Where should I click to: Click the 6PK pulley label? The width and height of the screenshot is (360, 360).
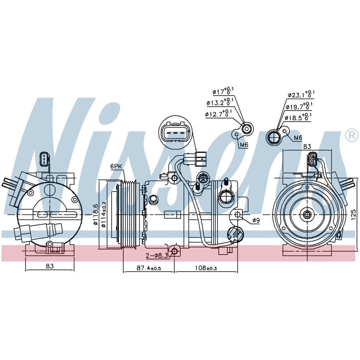pos(116,166)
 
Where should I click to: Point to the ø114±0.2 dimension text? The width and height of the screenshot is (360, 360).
pos(103,214)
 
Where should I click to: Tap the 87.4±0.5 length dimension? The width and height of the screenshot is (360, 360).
pos(149,268)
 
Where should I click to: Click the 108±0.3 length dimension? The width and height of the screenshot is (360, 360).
pos(206,268)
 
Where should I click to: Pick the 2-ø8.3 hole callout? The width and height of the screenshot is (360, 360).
pos(157,255)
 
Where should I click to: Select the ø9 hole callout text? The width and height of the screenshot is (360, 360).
pos(256,220)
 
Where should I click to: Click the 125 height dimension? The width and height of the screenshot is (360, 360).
pos(354,214)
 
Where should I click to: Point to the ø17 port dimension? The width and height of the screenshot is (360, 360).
pos(223,91)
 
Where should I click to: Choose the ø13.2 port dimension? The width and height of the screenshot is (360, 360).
pos(220,102)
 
